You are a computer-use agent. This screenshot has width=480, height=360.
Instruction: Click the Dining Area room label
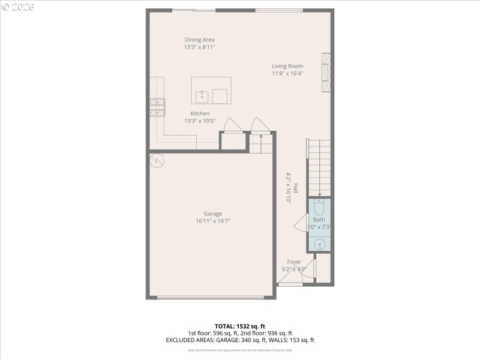(199, 40)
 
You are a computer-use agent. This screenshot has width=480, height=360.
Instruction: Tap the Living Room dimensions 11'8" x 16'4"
(287, 74)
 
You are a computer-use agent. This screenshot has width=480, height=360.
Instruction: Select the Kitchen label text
(200, 113)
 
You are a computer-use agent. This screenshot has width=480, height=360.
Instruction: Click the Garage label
(212, 214)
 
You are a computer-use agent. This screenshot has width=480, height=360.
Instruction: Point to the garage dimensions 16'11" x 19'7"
(212, 221)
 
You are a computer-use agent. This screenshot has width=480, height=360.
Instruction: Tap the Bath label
(319, 220)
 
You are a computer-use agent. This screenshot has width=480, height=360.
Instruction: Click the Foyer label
(294, 262)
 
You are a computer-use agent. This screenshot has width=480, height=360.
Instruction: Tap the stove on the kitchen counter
(157, 107)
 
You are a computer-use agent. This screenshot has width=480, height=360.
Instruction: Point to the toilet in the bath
(319, 208)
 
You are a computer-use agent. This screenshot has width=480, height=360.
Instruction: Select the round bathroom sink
(320, 244)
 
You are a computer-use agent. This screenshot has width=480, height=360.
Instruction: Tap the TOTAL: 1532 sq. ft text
(239, 326)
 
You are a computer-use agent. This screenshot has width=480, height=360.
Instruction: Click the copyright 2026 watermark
(18, 7)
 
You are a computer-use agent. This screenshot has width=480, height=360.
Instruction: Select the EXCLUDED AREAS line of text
(239, 340)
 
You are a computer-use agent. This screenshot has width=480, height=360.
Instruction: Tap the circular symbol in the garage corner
(157, 160)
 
